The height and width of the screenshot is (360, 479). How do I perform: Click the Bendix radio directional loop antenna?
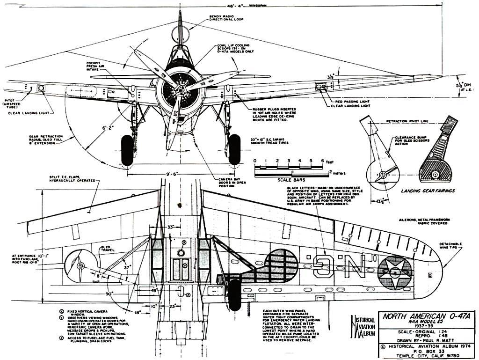click(180, 34)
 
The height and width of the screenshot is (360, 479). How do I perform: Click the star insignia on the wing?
click(395, 272)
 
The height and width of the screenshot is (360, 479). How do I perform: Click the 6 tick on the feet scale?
click(323, 161)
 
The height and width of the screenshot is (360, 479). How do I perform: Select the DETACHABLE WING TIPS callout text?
click(450, 246)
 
